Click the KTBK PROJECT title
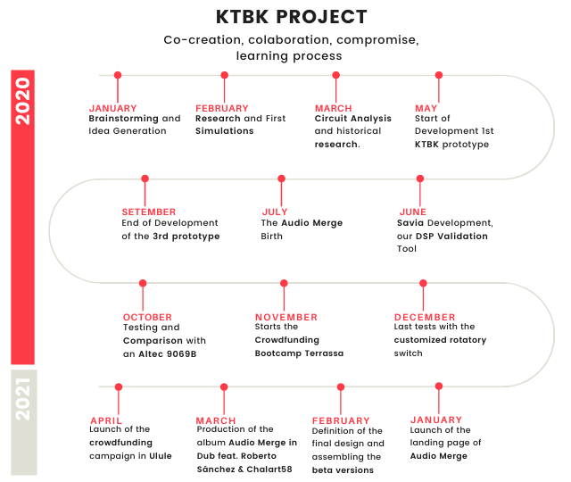[291, 17]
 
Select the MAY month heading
[426, 108]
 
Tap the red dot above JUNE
[419, 179]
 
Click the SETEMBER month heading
[149, 212]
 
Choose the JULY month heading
[275, 212]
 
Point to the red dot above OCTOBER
[143, 283]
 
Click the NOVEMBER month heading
[285, 317]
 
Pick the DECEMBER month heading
[425, 317]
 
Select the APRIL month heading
[108, 420]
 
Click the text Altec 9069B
[170, 353]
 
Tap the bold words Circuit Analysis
[352, 119]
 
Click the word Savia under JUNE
[411, 222]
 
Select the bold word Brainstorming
[123, 119]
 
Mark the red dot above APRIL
[119, 387]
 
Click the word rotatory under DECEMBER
[469, 340]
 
